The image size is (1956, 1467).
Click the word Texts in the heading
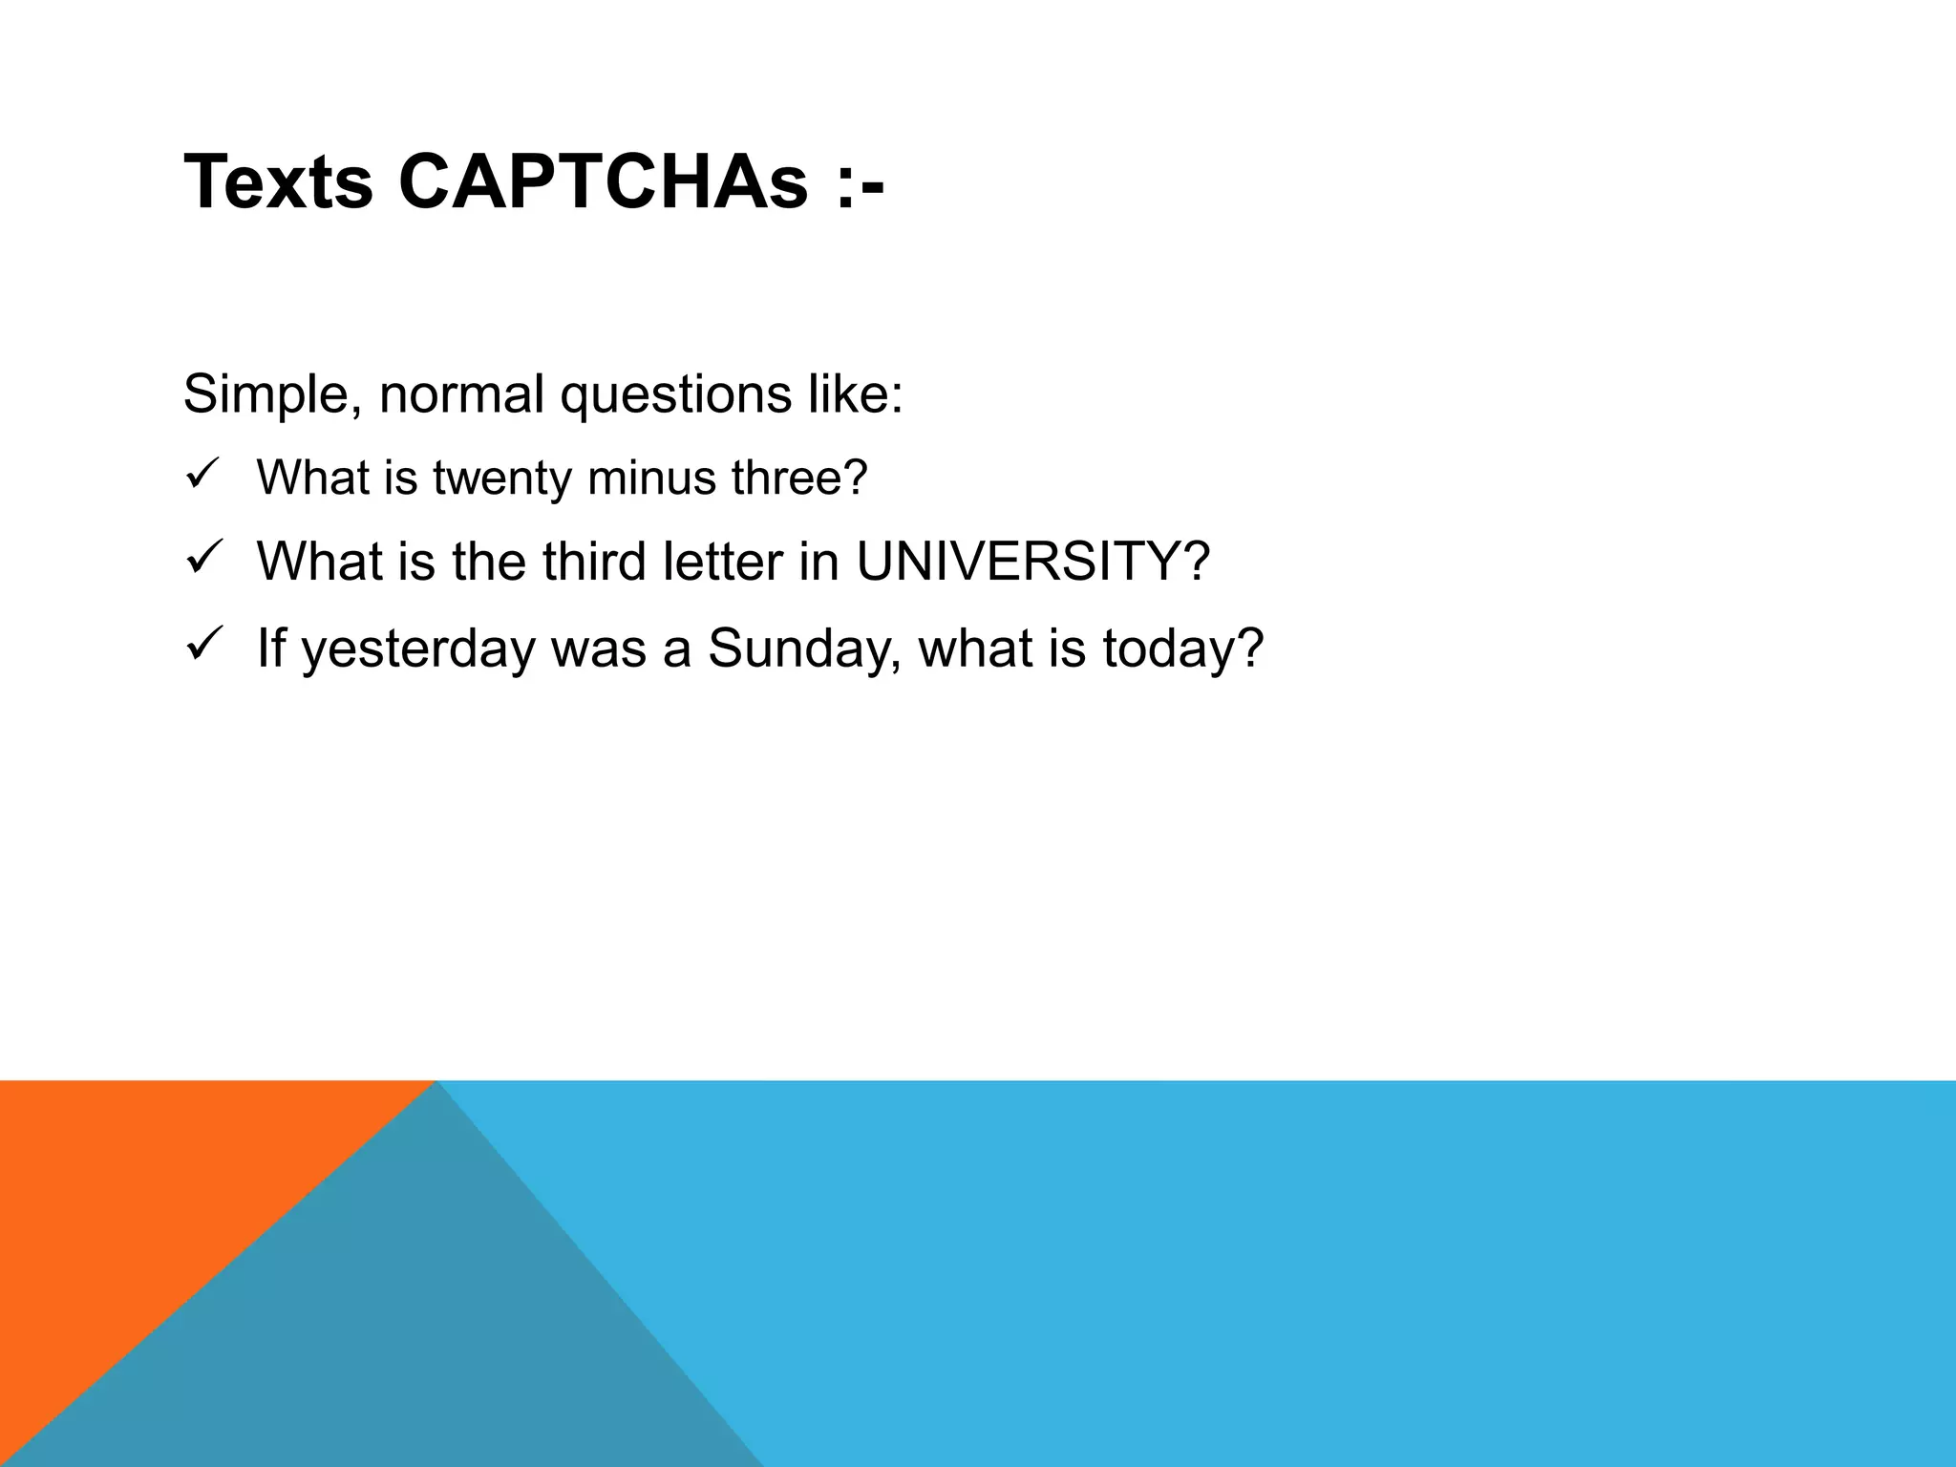tap(278, 182)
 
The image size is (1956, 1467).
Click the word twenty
tap(501, 478)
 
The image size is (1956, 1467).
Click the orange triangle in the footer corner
tap(124, 1194)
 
